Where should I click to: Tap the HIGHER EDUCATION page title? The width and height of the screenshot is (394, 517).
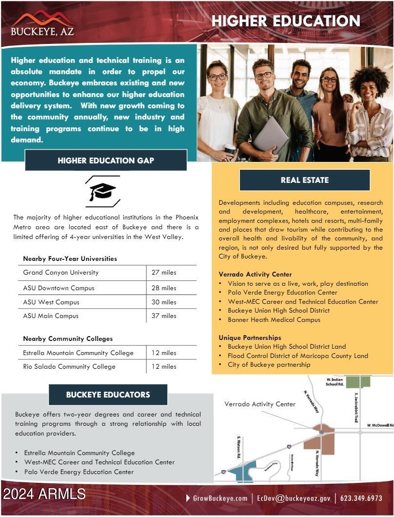tap(286, 21)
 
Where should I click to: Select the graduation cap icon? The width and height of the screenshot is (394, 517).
tap(102, 192)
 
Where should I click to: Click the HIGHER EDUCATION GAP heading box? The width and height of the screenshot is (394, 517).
tap(106, 160)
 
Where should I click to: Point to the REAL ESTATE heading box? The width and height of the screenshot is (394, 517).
tap(305, 180)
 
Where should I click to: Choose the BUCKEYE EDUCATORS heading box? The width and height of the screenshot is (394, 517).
tap(108, 395)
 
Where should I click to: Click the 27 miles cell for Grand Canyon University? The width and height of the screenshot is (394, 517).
tap(164, 272)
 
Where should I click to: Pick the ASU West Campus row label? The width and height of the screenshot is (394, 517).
tap(51, 302)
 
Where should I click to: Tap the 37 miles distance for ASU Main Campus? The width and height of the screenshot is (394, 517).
tap(164, 316)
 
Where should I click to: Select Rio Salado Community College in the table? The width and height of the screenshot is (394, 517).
tap(69, 366)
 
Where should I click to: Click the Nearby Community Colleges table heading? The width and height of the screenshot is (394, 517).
tap(68, 338)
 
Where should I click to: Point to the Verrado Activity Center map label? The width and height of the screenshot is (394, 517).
tap(260, 404)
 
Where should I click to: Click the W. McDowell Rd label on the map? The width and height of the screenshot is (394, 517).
tap(380, 425)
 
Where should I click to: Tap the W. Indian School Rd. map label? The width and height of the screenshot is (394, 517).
tap(335, 381)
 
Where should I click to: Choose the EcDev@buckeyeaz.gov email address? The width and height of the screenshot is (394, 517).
tap(294, 498)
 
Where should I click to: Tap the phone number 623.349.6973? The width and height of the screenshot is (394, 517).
tap(361, 498)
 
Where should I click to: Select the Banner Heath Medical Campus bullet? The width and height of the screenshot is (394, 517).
tap(274, 319)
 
